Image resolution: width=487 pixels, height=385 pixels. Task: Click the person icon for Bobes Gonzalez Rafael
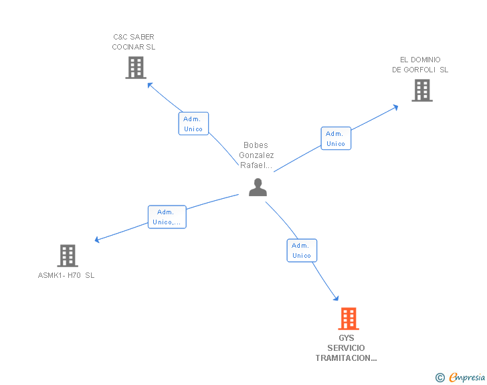(258, 187)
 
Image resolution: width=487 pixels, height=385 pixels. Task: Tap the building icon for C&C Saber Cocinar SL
(135, 68)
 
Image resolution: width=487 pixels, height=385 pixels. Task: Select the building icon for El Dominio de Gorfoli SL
(421, 90)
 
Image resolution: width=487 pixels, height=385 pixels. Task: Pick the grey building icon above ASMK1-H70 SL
(67, 255)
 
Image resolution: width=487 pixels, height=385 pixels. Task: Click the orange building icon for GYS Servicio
(348, 319)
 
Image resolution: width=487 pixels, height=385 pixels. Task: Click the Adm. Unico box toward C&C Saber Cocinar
(193, 124)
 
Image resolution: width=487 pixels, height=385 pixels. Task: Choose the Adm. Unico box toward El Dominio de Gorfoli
(335, 139)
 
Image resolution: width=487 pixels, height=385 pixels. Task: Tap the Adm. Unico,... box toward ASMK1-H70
(167, 217)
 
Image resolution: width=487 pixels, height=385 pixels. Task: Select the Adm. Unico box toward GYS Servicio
(301, 250)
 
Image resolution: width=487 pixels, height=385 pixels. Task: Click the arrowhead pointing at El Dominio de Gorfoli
(396, 106)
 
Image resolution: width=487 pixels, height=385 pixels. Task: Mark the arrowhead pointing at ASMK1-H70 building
(98, 240)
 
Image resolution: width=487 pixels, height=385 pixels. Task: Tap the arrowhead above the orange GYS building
(336, 299)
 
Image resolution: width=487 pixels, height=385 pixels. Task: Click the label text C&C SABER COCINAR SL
(133, 42)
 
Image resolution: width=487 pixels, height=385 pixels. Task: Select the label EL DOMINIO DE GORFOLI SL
(420, 64)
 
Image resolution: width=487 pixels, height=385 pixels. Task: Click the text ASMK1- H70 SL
(66, 275)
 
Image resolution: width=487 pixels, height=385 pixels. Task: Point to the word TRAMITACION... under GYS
(346, 358)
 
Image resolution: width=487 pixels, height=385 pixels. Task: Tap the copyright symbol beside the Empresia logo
(440, 378)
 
